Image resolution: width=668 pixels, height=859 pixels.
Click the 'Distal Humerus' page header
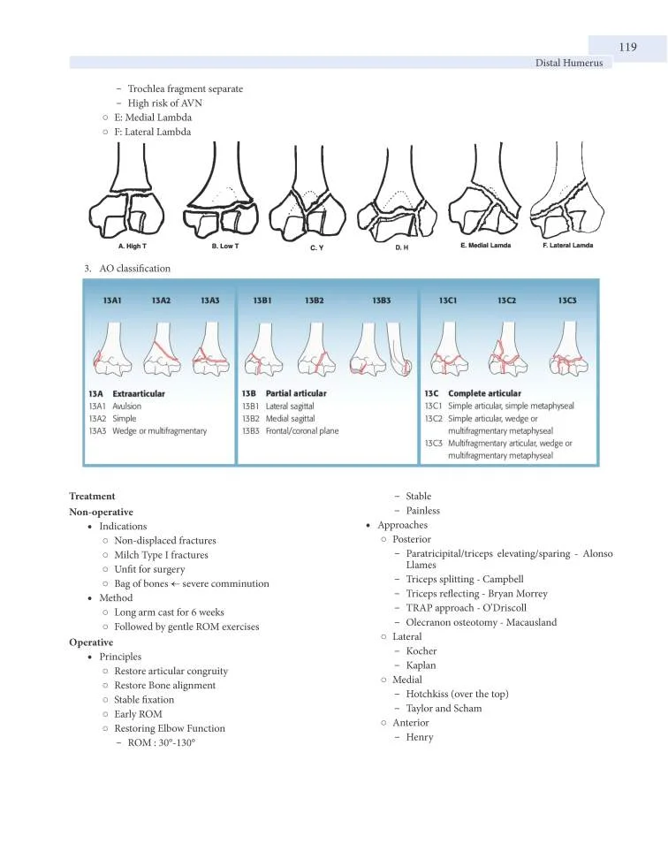pyautogui.click(x=569, y=64)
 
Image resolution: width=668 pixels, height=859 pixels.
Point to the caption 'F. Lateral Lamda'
pyautogui.click(x=567, y=245)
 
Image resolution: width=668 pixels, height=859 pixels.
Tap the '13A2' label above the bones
pyautogui.click(x=161, y=300)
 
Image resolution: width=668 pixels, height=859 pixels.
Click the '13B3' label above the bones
pyautogui.click(x=382, y=300)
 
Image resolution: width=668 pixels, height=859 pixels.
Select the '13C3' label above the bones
pyautogui.click(x=567, y=300)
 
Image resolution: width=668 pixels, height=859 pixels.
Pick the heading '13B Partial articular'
pyautogui.click(x=284, y=393)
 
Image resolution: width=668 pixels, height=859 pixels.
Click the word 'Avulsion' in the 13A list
pyautogui.click(x=126, y=406)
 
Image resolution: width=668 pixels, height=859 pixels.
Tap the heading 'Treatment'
pyautogui.click(x=92, y=497)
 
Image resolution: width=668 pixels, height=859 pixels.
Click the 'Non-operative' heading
pyautogui.click(x=101, y=512)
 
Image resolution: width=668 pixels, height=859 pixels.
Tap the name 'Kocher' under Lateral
pyautogui.click(x=421, y=651)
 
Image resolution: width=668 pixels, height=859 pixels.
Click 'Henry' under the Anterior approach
pyautogui.click(x=420, y=737)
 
